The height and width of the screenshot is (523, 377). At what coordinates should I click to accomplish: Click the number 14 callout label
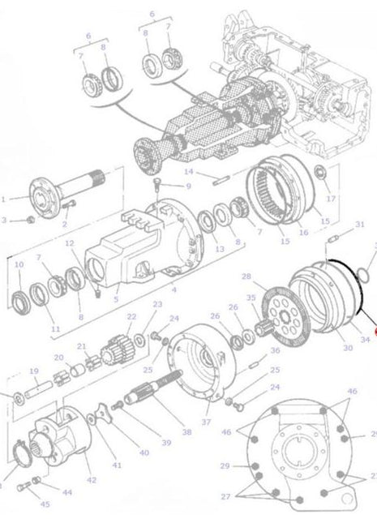[188, 172]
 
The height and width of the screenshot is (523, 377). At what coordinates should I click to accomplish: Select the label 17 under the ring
[330, 198]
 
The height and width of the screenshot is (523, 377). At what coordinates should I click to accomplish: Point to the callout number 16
[303, 232]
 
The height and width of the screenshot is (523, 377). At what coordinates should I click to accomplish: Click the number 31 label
[360, 224]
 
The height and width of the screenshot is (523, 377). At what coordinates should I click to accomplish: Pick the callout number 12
[70, 243]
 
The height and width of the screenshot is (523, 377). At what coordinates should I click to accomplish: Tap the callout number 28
[246, 277]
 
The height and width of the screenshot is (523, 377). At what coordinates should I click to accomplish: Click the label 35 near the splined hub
[250, 298]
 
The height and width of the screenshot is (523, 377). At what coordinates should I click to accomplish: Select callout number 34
[365, 340]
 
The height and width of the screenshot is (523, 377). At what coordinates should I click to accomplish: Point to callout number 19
[33, 372]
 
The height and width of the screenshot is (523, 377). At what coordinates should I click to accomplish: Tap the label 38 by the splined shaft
[186, 433]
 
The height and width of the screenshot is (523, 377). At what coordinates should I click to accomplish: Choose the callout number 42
[91, 480]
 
